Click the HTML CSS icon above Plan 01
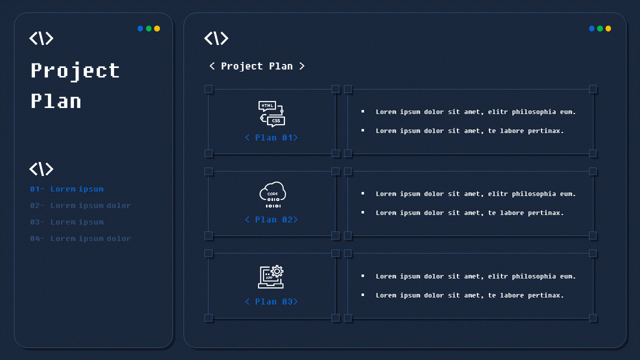[x=271, y=114]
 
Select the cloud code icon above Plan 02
[x=272, y=195]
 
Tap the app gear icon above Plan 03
[x=271, y=277]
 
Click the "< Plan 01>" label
[x=271, y=137]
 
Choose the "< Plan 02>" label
[x=271, y=219]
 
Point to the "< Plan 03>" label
[x=271, y=301]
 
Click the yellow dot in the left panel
[x=157, y=28]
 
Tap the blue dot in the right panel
[x=592, y=28]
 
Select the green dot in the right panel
[x=600, y=28]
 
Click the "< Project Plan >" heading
[x=256, y=66]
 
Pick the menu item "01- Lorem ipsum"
[x=67, y=189]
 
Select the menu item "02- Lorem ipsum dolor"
[x=80, y=205]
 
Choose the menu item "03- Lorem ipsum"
[x=67, y=222]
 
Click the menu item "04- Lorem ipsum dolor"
[x=80, y=238]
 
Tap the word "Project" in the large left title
[x=75, y=71]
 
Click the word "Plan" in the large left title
[x=56, y=101]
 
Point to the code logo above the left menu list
[x=41, y=169]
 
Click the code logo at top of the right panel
[x=216, y=38]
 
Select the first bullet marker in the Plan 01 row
[x=362, y=111]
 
